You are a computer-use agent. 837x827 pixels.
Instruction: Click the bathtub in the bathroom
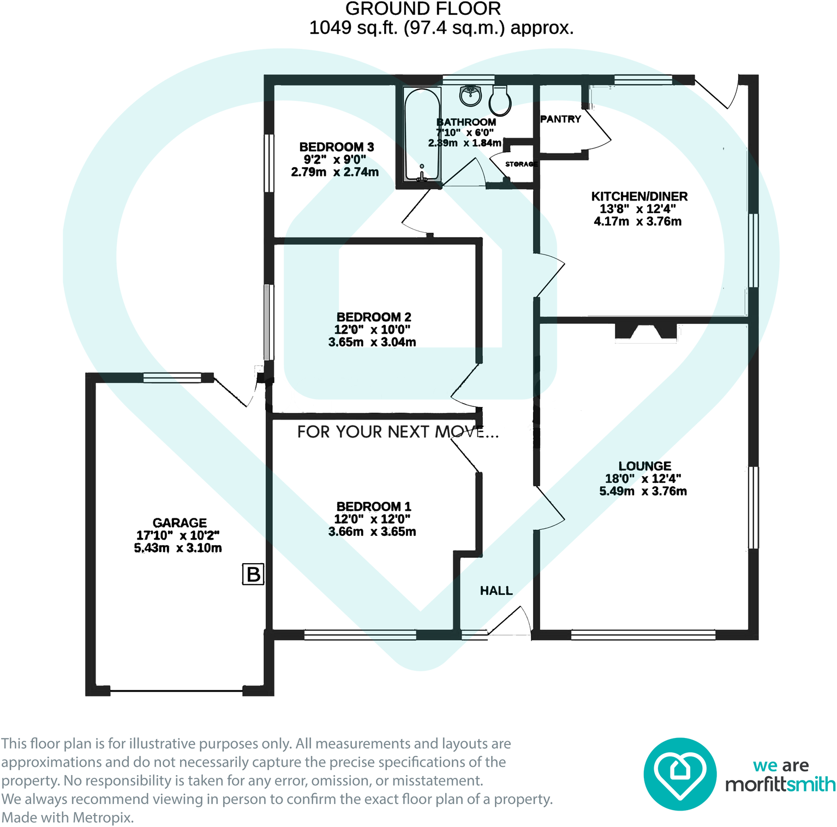point(422,134)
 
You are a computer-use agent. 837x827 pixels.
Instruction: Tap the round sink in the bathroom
point(470,96)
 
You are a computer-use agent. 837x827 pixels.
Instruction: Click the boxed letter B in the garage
point(253,575)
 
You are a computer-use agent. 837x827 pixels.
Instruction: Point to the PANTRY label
point(560,119)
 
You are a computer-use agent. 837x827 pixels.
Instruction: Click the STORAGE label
point(521,164)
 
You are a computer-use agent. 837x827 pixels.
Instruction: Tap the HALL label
point(496,590)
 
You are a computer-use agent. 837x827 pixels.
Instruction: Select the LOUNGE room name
point(644,466)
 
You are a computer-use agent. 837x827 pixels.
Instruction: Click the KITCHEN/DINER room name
point(639,196)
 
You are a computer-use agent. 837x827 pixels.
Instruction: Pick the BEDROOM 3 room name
point(336,147)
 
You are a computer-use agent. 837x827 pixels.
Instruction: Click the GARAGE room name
point(180,523)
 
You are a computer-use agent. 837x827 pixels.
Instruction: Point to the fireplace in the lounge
point(645,332)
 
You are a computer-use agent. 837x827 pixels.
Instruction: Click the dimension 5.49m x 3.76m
point(643,491)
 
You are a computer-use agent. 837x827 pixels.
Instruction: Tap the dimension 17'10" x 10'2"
point(178,535)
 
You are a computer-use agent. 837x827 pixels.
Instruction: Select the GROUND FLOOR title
point(423,9)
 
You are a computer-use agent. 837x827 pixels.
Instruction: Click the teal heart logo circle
point(679,773)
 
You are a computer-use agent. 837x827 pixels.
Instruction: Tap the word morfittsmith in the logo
point(780,784)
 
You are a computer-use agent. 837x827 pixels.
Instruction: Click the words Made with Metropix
point(68,818)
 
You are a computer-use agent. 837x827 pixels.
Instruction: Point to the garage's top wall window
point(172,377)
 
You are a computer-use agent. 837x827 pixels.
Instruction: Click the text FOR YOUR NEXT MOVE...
point(398,432)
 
